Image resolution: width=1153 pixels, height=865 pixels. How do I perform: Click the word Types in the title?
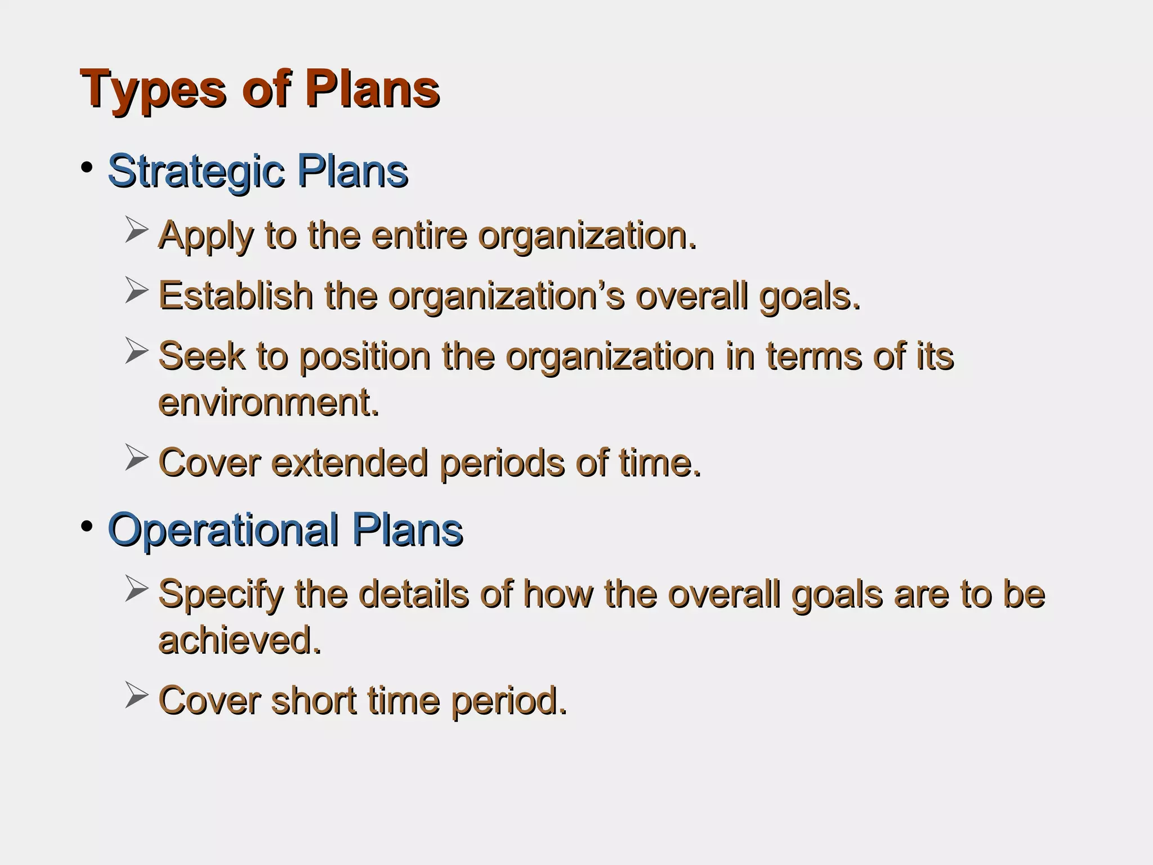(153, 90)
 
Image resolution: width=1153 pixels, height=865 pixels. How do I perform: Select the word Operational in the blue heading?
(223, 530)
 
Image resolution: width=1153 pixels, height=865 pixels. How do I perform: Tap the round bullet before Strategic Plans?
(86, 167)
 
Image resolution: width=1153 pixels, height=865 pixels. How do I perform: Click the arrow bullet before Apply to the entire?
(136, 230)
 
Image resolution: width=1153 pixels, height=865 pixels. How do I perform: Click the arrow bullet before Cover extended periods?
(136, 457)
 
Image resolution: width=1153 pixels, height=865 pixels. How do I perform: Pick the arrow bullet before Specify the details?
(136, 589)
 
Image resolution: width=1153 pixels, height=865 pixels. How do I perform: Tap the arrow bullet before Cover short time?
(136, 695)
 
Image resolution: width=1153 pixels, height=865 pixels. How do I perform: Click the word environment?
(269, 403)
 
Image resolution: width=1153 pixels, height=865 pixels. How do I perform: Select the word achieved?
(239, 641)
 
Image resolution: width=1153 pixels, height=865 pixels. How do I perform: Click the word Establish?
(235, 296)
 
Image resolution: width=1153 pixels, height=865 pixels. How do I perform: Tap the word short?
(313, 701)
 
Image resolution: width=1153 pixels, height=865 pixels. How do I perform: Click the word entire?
(419, 236)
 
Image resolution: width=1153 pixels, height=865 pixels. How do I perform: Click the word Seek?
(202, 356)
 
